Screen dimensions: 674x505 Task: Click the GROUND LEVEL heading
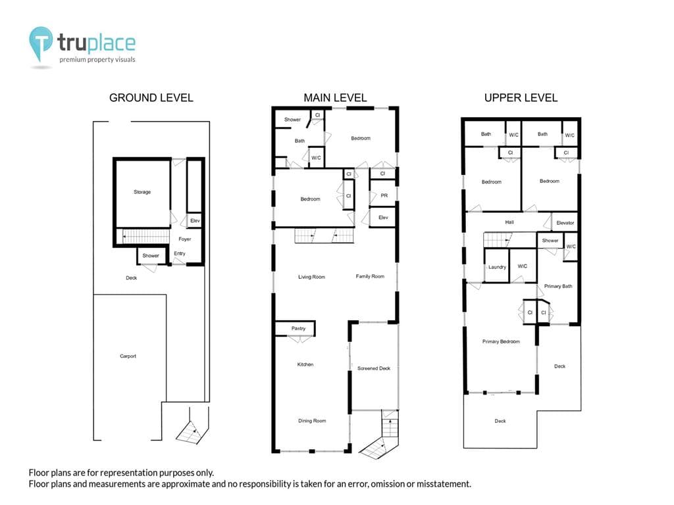[151, 98]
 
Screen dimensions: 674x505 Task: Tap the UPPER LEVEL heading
[521, 98]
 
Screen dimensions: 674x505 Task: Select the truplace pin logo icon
[41, 43]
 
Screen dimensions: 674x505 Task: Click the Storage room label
[142, 192]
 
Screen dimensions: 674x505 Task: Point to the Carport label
[128, 356]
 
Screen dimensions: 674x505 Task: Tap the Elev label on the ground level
[195, 221]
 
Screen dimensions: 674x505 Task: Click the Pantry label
[298, 329]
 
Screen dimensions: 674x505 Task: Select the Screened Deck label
[374, 368]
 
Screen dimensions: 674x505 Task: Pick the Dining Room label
[312, 421]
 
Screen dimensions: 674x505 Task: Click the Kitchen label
[305, 364]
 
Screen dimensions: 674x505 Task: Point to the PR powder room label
[384, 195]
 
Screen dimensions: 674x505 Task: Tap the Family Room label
[370, 277]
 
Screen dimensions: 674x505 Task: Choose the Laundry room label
[498, 267]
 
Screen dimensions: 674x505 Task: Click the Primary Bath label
[558, 287]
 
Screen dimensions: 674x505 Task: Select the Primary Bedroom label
[501, 342]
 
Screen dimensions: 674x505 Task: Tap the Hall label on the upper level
[509, 222]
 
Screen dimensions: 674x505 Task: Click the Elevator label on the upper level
[565, 223]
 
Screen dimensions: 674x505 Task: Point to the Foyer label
[185, 239]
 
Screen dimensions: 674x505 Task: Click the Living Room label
[311, 277]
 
